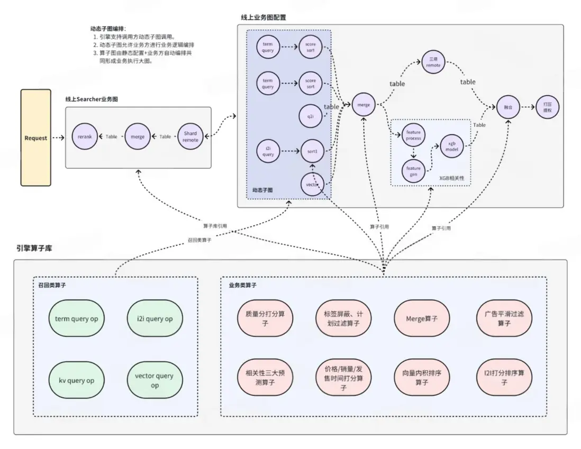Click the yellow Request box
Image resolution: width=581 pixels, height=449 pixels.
point(36,138)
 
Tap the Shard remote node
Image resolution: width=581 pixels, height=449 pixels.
point(190,136)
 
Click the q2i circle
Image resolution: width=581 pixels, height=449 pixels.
point(311,115)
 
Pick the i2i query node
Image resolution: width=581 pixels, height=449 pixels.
point(268,151)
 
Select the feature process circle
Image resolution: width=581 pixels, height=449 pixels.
point(413,135)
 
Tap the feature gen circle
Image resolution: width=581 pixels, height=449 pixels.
point(413,171)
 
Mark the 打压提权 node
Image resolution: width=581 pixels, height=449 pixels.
point(547,106)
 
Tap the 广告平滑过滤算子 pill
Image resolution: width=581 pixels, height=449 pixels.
point(504,319)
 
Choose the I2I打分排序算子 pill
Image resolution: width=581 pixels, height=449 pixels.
point(504,377)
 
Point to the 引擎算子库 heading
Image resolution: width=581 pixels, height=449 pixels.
point(34,248)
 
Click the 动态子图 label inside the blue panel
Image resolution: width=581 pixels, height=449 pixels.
point(262,189)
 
